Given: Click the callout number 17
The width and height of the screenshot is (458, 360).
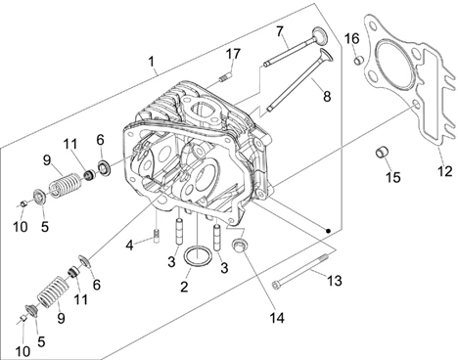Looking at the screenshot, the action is point(234,54).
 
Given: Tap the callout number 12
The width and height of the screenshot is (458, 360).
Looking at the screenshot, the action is point(444,171).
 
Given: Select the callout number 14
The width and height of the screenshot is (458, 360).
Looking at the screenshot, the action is point(277,318).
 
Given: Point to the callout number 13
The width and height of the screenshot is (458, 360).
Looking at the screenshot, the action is point(335,281).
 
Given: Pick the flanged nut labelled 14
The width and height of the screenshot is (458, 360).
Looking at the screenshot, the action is point(239,246).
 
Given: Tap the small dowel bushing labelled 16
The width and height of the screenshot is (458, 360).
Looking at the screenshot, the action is point(359,61).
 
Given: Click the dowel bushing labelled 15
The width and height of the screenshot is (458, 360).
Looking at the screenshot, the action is point(382,152).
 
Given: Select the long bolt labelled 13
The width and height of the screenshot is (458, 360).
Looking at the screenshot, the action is point(300,271).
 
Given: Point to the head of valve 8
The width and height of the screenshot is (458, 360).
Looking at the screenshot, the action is point(326,56).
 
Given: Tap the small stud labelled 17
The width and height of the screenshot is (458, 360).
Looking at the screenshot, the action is point(225,78).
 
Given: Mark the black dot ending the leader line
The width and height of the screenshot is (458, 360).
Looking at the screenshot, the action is point(328,231).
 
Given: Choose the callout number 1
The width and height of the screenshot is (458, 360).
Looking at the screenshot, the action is point(151,61).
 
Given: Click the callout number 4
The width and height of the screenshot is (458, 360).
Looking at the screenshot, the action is point(130,246).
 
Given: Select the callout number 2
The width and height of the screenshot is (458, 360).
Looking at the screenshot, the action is point(184,287).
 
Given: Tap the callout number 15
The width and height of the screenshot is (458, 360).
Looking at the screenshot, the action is point(393,178).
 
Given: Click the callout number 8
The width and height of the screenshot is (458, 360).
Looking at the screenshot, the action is point(327,97).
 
